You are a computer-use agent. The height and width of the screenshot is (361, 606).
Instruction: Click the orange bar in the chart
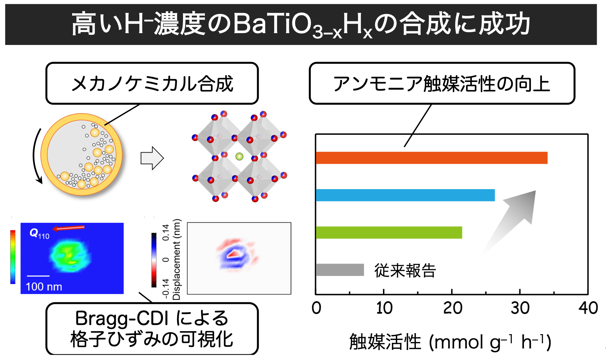[431, 158]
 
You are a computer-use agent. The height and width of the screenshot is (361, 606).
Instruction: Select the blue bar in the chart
[405, 195]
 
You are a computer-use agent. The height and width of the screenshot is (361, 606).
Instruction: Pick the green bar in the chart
[389, 232]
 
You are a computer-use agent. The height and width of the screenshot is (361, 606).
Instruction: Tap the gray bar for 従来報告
[340, 270]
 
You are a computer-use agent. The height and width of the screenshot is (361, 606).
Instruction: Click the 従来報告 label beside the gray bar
[405, 271]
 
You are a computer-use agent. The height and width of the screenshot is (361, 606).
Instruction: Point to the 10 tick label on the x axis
[384, 308]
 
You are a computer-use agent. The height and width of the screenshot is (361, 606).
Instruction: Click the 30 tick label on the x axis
[520, 308]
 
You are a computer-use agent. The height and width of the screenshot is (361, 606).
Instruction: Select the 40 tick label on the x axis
[588, 308]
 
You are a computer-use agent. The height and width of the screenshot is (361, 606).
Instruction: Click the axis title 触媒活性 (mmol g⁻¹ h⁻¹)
[450, 342]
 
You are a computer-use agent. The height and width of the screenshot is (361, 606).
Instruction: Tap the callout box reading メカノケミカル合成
[152, 83]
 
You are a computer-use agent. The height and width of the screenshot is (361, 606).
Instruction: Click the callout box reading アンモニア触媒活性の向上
[442, 83]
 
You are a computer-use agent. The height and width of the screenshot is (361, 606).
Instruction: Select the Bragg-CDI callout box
[152, 329]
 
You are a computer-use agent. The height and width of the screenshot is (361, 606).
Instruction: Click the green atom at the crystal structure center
[239, 156]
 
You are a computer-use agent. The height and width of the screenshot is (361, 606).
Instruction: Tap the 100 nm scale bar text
[44, 287]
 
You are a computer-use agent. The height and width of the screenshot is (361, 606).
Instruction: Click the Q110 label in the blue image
[39, 234]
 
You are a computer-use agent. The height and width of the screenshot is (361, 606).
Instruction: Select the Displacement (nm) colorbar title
[176, 259]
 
